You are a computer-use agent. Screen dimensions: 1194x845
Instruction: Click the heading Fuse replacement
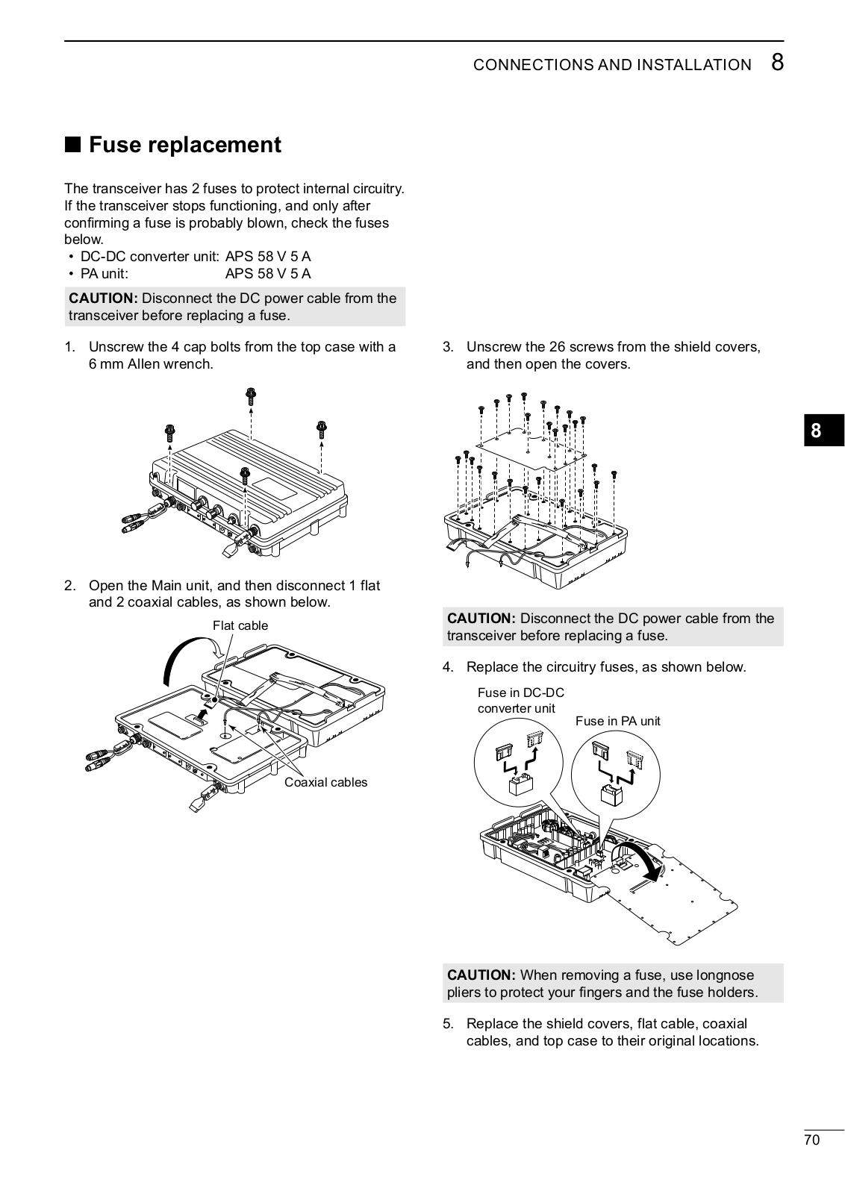[x=184, y=145]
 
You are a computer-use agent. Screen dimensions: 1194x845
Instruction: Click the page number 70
[x=812, y=1140]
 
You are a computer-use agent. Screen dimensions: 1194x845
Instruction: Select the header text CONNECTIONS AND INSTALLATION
[x=612, y=65]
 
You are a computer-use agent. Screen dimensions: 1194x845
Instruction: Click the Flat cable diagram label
[x=240, y=625]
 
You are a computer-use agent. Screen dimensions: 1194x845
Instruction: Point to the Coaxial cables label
[x=325, y=782]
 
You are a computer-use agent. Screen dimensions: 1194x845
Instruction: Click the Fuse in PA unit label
[x=617, y=721]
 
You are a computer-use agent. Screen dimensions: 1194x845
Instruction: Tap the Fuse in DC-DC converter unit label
[x=520, y=700]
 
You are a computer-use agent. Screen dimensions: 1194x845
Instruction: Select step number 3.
[x=448, y=347]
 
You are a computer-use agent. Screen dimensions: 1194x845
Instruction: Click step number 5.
[x=448, y=1024]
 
